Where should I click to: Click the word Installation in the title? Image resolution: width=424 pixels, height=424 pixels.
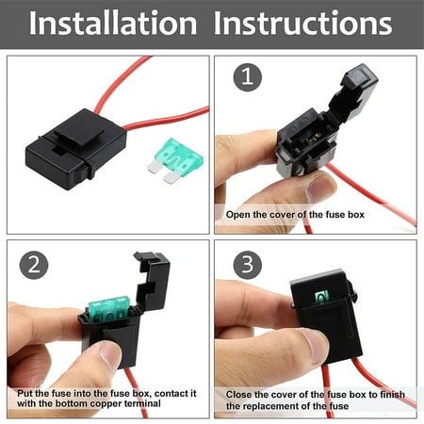pyautogui.click(x=113, y=23)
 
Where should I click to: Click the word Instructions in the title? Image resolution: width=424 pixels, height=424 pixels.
pyautogui.click(x=302, y=23)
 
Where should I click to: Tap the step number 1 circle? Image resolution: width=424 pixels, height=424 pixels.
pyautogui.click(x=248, y=77)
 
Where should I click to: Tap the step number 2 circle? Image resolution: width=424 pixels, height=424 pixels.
pyautogui.click(x=34, y=265)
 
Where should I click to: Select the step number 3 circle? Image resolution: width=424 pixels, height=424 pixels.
pyautogui.click(x=248, y=265)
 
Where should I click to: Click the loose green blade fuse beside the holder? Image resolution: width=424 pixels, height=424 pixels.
pyautogui.click(x=174, y=160)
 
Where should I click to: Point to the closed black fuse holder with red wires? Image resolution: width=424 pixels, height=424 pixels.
pyautogui.click(x=76, y=149)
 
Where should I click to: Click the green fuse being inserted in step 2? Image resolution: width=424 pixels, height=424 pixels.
pyautogui.click(x=108, y=309)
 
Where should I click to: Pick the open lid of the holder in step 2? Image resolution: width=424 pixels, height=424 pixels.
pyautogui.click(x=153, y=281)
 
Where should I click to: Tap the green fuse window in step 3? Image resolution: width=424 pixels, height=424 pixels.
pyautogui.click(x=321, y=297)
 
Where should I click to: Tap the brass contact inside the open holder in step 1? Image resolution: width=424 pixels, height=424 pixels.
pyautogui.click(x=315, y=137)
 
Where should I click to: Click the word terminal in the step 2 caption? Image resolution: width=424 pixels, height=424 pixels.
pyautogui.click(x=142, y=403)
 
